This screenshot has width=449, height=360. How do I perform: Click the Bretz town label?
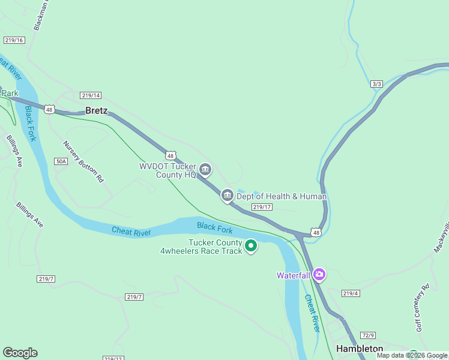point(97,110)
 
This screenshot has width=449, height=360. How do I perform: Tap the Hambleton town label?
point(360,349)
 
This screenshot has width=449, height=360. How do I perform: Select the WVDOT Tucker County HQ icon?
point(205,170)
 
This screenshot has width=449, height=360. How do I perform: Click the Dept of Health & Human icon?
point(227,195)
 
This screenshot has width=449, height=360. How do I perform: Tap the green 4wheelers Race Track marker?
point(251,246)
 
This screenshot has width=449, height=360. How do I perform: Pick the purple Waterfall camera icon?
point(319,275)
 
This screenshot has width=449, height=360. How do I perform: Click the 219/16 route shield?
point(13,40)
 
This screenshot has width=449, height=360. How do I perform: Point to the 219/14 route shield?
point(90,95)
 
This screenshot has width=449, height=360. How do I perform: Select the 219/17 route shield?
point(262,207)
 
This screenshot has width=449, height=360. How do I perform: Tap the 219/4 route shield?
point(351,293)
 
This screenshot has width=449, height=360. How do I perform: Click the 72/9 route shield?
point(368,335)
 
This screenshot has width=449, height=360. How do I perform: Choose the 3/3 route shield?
point(376,84)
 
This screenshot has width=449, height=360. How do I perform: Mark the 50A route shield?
point(61,161)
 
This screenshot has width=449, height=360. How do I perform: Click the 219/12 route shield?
point(113,358)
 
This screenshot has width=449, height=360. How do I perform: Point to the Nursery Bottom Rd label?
point(83,161)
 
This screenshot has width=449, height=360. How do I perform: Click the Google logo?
point(20,353)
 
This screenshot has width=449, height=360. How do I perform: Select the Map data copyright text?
point(412,356)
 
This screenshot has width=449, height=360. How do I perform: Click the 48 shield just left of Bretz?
point(50,109)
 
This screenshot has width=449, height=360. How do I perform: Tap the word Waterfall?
point(294,275)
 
